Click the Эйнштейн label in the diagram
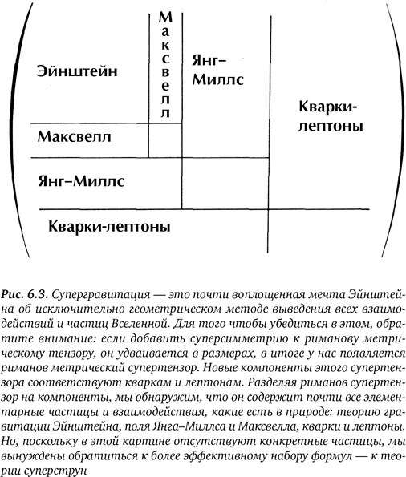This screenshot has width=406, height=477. (x=77, y=71)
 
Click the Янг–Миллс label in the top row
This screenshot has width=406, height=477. (x=216, y=71)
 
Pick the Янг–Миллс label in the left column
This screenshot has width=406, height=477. (x=81, y=181)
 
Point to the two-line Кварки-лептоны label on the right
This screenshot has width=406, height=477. (x=328, y=117)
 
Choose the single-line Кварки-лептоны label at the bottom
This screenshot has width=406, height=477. (x=109, y=226)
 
